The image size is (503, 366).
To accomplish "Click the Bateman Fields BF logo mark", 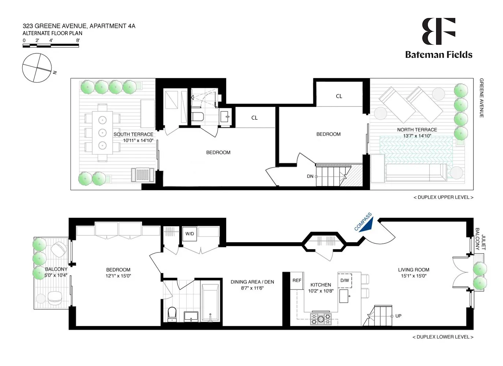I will coord(438,31).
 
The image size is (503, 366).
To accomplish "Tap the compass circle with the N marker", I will coord(37,68).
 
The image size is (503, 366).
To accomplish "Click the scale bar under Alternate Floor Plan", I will coord(51,46).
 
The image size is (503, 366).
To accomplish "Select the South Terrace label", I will coord(133,134).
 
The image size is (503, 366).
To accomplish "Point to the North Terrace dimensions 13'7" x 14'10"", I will coord(417,136).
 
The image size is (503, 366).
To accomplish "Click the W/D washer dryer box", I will coord(190,234).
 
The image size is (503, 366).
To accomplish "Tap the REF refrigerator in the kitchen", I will coord(297,281).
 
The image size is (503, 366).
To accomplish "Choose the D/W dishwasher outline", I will coord(344,280).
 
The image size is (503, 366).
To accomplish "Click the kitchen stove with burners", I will coord(321,318).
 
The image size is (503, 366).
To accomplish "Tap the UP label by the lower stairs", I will coord(398,316).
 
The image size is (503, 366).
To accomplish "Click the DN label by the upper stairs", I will coord(310,176).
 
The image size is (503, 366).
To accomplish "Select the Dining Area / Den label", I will coord(252,282).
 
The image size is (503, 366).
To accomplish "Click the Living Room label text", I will coord(413,270).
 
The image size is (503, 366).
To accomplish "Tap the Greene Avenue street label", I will coord(481,98).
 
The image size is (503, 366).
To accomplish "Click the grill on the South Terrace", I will coord(143,175).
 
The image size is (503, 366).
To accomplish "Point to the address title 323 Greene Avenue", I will coord(79,26).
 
